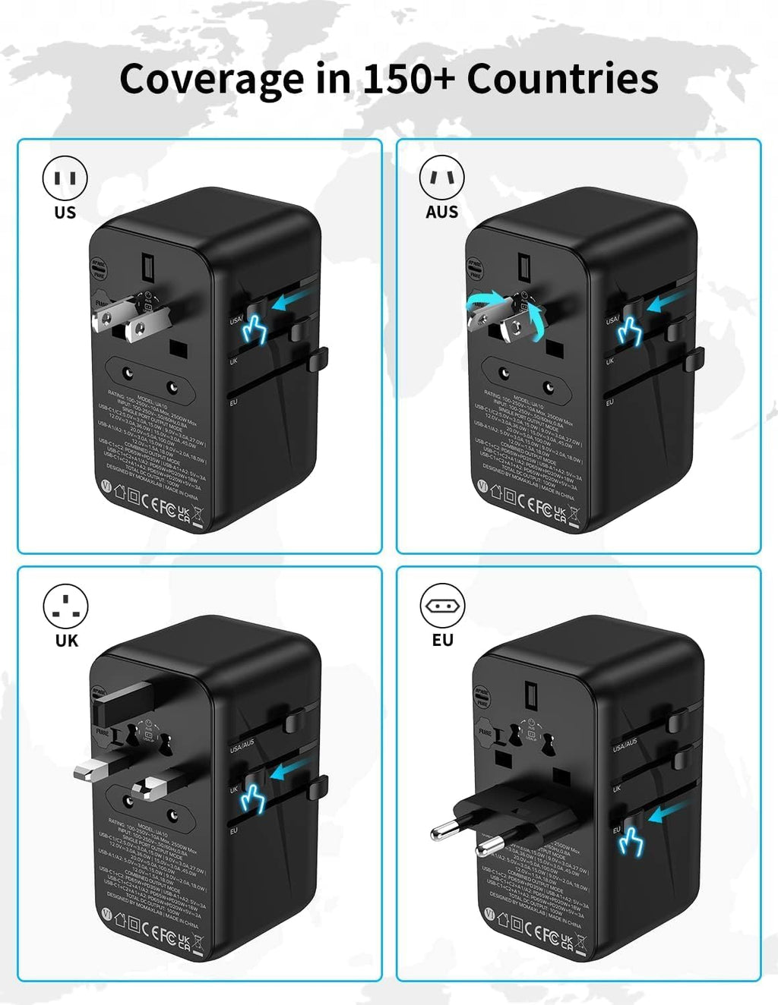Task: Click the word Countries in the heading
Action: pos(562,79)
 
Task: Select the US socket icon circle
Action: pos(65,178)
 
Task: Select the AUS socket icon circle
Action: pos(441,178)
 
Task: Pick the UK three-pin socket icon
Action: pos(65,606)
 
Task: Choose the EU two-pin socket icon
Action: pos(441,606)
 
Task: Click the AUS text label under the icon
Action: pos(441,213)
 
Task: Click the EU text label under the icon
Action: pos(442,641)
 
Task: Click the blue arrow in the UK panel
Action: pos(290,772)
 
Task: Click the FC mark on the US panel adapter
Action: pos(166,505)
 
